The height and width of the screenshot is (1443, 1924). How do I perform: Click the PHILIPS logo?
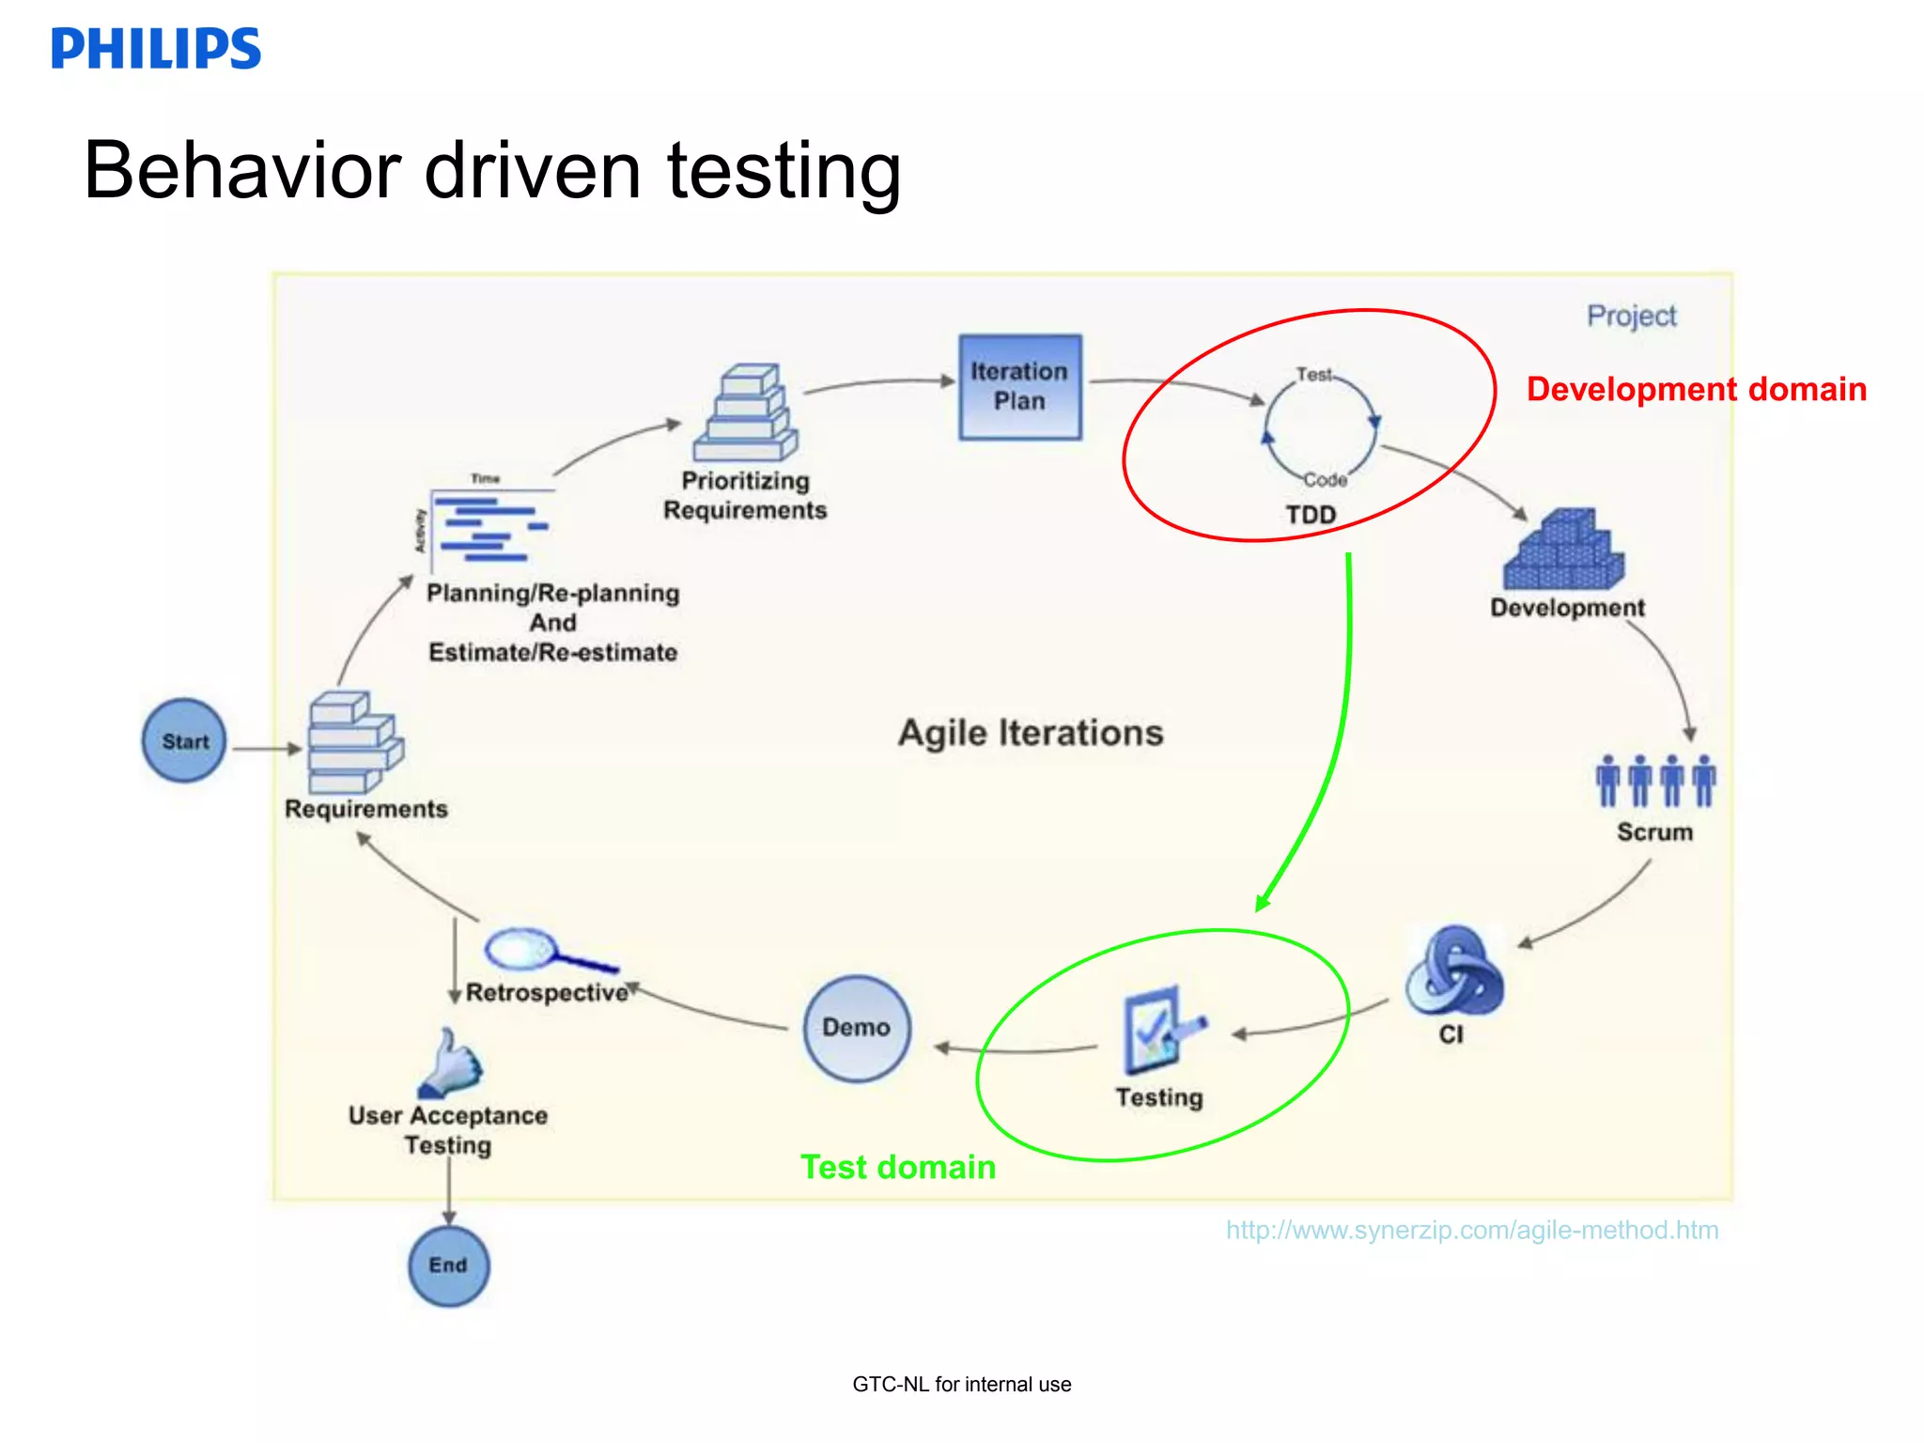click(156, 49)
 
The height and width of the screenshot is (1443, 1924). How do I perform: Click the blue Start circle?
click(184, 740)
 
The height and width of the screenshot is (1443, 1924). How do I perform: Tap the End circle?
click(448, 1265)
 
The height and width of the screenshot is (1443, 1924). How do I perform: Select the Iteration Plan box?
click(1020, 386)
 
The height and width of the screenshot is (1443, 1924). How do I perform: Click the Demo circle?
click(856, 1028)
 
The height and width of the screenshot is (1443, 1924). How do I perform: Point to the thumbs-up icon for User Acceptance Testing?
click(451, 1063)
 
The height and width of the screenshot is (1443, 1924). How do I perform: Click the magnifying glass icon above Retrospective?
click(545, 951)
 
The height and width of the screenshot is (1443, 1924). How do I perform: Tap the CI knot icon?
click(1453, 972)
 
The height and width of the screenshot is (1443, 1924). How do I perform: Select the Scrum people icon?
click(1654, 781)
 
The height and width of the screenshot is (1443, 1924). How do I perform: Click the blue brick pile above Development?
click(1563, 551)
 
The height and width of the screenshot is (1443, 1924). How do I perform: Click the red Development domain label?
click(1696, 389)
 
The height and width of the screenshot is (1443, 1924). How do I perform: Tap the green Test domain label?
click(898, 1167)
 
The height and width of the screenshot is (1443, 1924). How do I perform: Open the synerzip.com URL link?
click(1471, 1230)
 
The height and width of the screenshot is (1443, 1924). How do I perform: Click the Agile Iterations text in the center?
click(1031, 733)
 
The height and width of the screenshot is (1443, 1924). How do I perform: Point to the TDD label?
click(1311, 515)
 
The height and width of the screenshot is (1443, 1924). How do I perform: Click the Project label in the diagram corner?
click(1631, 316)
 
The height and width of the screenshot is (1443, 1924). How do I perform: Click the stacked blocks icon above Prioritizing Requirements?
click(746, 413)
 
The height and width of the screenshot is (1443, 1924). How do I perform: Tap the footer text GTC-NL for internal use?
click(961, 1384)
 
